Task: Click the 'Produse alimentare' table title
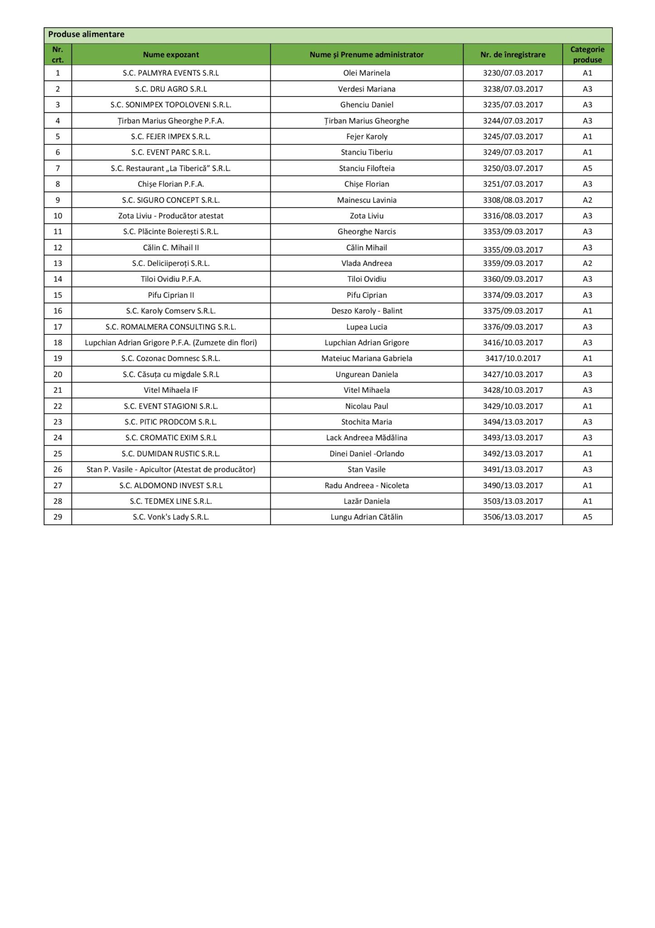[86, 34]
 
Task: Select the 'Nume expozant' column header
[171, 55]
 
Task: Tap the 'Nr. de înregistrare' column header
[512, 55]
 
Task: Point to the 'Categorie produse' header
[587, 54]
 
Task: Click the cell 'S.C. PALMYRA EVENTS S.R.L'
[171, 73]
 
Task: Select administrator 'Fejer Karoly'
[367, 136]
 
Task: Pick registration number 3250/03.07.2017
[512, 168]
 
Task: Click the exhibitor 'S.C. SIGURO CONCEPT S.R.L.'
[171, 200]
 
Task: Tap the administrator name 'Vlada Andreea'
[367, 263]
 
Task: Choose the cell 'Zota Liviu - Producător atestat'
[171, 216]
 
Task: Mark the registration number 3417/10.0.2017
[512, 358]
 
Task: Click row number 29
[57, 517]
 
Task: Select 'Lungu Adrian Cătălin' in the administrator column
[367, 517]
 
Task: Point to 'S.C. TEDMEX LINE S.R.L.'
[171, 501]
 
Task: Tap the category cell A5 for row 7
[587, 168]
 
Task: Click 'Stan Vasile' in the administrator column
[367, 469]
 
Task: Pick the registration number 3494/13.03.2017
[512, 422]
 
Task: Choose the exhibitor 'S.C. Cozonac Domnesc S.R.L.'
[171, 358]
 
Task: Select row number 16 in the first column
[57, 311]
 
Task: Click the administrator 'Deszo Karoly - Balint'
[367, 311]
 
